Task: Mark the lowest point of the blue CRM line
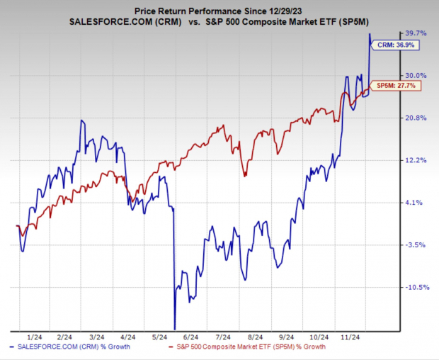(x=173, y=327)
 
